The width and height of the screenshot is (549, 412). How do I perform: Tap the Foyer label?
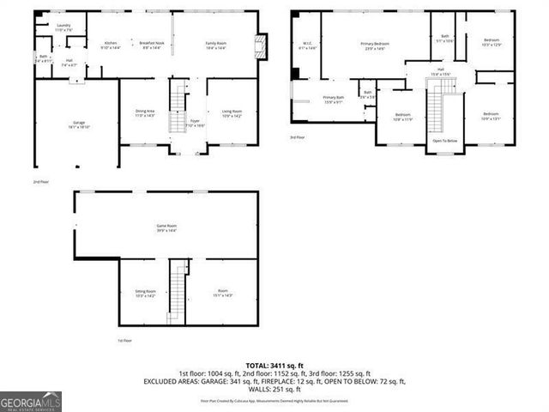tap(195, 123)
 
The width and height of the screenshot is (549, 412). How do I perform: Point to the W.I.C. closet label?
tap(306, 45)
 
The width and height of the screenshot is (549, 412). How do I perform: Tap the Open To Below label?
tap(444, 141)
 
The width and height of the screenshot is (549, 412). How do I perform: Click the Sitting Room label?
tap(145, 293)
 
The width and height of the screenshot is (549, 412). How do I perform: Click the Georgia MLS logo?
tap(31, 401)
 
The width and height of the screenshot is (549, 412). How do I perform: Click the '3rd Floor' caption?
tap(296, 137)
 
